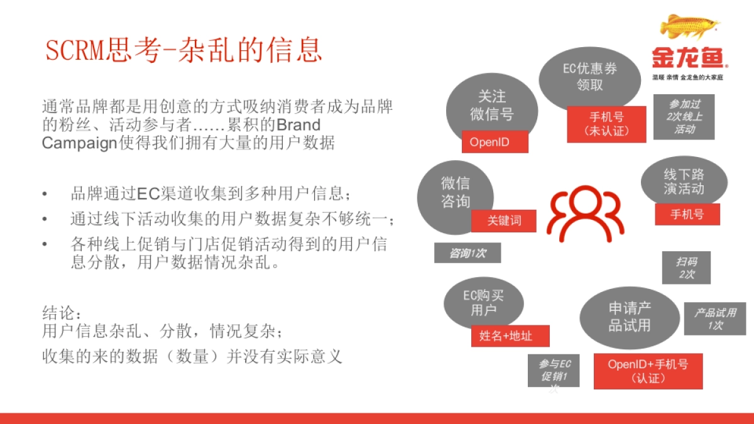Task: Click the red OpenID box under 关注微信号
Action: click(494, 142)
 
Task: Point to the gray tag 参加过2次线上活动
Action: click(684, 117)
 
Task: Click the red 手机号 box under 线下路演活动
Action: click(687, 214)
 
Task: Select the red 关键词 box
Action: click(504, 220)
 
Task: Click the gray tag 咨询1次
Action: click(467, 253)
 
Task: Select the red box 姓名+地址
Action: click(510, 336)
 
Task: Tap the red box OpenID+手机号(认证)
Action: click(647, 371)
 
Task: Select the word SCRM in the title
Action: click(75, 50)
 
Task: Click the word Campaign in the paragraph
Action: click(79, 143)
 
